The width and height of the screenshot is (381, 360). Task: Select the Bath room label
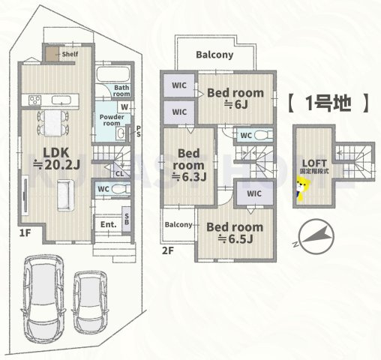point(122,91)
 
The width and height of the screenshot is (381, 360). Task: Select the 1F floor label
point(25,232)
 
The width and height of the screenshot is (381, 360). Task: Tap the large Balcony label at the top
point(214,55)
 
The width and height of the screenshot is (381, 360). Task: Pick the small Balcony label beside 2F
point(178,225)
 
